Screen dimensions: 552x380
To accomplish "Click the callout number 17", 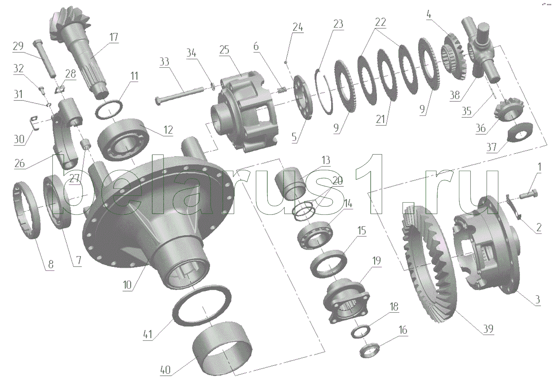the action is pos(114,37).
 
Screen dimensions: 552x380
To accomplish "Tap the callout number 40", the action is pos(165,370).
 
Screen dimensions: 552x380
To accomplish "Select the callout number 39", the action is pos(488,329).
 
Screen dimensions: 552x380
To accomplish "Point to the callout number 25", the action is pos(224,50).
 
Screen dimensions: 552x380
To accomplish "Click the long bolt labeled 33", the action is pos(179,94).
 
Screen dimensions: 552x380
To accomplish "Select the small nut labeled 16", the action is pos(369,349).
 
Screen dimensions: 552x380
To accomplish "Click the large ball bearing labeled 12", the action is pos(123,139).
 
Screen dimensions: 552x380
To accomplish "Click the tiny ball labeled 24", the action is pos(285,62).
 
